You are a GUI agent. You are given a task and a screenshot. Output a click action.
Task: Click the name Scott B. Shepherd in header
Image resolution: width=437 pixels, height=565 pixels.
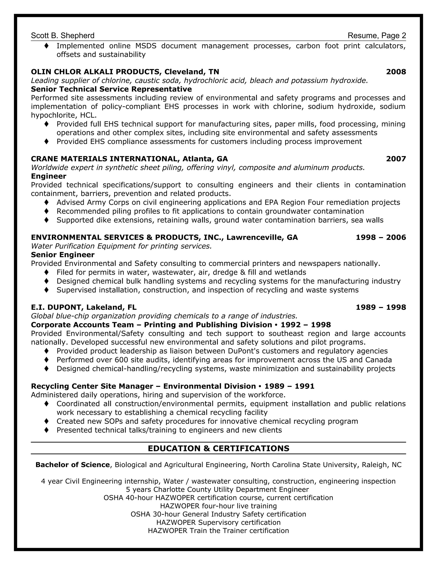click(x=63, y=35)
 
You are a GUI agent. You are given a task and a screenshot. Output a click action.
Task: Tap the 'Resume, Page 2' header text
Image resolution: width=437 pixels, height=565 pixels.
click(x=377, y=35)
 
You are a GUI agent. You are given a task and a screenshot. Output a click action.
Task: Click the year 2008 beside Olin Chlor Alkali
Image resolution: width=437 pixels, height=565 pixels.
click(x=396, y=72)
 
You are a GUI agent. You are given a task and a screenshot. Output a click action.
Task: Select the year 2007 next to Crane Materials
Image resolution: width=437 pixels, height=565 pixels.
click(x=396, y=159)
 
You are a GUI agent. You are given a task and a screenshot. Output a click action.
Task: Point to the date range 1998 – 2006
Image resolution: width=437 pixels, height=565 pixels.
click(x=381, y=237)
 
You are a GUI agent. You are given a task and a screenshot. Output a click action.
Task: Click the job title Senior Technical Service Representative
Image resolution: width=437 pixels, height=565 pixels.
click(x=111, y=89)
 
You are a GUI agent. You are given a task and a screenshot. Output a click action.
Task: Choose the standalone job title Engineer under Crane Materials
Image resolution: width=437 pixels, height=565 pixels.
click(x=49, y=176)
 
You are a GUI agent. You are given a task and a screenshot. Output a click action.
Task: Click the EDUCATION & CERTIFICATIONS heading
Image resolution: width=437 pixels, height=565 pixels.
click(x=218, y=448)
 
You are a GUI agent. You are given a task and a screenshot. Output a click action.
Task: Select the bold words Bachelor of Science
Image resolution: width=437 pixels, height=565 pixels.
click(x=73, y=465)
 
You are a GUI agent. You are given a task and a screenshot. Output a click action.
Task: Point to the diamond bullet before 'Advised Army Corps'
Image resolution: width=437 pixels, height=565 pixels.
click(x=47, y=202)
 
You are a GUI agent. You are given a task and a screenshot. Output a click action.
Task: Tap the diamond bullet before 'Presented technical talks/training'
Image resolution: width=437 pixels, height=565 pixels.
click(x=47, y=430)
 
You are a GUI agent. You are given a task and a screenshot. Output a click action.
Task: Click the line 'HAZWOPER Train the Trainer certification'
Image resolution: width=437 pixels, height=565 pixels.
click(x=218, y=531)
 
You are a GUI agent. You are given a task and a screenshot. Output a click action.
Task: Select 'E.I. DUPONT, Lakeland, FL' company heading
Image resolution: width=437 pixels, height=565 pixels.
click(x=84, y=307)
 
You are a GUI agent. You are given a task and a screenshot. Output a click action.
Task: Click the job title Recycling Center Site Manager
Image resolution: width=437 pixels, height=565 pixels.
click(x=92, y=386)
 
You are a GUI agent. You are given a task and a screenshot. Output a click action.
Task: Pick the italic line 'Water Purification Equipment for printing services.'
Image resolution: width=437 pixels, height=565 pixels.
click(x=121, y=246)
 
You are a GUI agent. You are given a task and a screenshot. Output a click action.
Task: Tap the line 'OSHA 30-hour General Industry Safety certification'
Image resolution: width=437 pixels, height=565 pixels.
click(x=218, y=514)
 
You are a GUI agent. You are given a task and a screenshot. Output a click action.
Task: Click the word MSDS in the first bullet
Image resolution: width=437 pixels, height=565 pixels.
click(x=146, y=46)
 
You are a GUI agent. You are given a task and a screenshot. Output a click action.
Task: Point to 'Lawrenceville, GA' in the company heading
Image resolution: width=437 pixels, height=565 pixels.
click(x=262, y=237)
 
